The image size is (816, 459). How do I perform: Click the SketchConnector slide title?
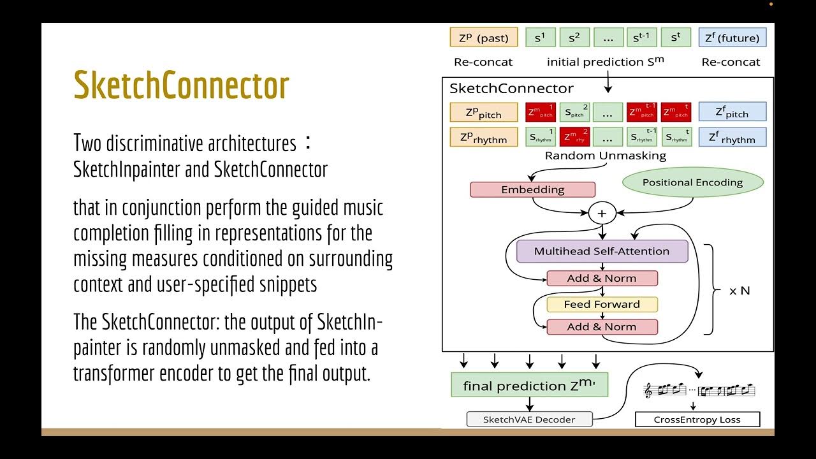click(182, 85)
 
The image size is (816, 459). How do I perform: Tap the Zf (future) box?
click(732, 38)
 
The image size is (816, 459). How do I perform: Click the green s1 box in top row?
click(540, 38)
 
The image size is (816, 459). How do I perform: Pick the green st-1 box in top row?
click(641, 38)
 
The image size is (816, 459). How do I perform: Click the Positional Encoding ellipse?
click(692, 182)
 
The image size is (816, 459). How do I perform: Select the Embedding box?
click(532, 189)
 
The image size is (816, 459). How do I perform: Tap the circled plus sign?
click(602, 214)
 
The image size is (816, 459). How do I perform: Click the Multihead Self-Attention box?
click(602, 251)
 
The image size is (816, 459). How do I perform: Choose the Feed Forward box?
click(602, 304)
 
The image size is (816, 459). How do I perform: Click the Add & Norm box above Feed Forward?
click(602, 278)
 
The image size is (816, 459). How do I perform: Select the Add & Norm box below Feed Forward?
click(602, 327)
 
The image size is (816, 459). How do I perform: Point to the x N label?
click(739, 291)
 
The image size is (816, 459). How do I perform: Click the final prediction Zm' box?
click(529, 386)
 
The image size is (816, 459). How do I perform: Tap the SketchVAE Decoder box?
click(529, 419)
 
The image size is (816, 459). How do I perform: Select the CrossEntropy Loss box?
click(697, 419)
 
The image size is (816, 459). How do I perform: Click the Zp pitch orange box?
click(483, 113)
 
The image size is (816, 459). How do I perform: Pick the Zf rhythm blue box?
click(732, 137)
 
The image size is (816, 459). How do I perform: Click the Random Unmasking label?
click(605, 156)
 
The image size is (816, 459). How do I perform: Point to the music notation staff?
click(700, 390)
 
